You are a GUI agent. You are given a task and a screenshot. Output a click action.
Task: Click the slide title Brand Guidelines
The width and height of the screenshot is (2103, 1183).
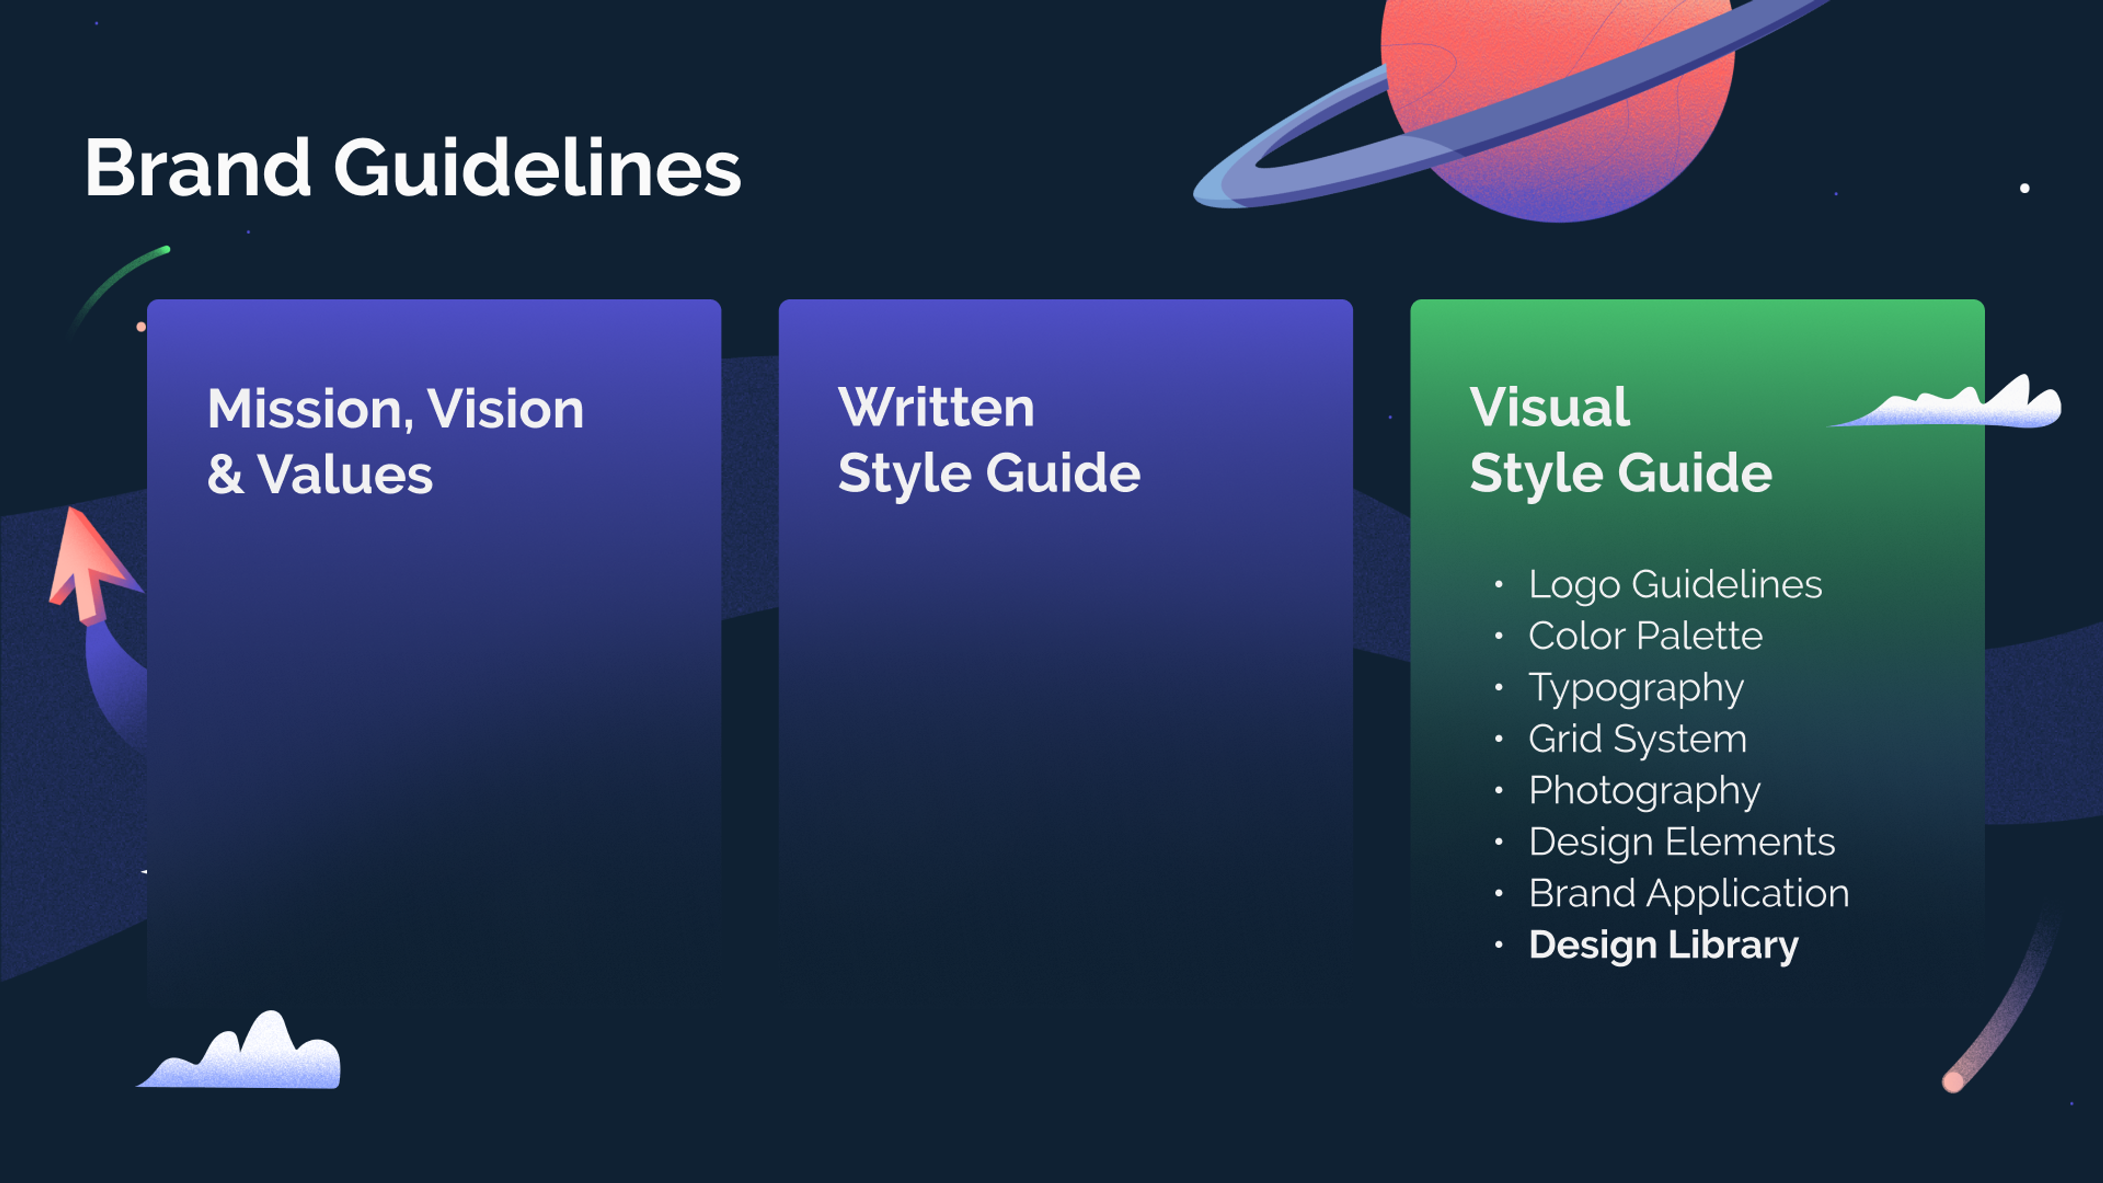pyautogui.click(x=412, y=168)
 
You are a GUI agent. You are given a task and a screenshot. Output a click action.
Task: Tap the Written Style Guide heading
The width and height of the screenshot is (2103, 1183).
pyautogui.click(x=989, y=441)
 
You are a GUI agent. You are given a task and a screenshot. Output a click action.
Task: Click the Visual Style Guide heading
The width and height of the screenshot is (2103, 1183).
pyautogui.click(x=1621, y=441)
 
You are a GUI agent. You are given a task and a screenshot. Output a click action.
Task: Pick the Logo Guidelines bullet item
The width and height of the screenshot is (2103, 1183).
pyautogui.click(x=1674, y=584)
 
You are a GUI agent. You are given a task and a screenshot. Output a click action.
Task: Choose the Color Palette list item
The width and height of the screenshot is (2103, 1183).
pyautogui.click(x=1645, y=636)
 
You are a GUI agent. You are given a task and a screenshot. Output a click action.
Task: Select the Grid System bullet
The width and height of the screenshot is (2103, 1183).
pyautogui.click(x=1637, y=739)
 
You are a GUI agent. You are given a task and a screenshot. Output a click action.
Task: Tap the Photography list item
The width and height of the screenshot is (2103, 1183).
pyautogui.click(x=1644, y=791)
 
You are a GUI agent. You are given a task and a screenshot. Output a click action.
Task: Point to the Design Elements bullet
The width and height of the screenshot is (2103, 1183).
pyautogui.click(x=1682, y=842)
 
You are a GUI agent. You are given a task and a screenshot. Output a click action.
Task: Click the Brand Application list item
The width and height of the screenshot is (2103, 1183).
pyautogui.click(x=1688, y=893)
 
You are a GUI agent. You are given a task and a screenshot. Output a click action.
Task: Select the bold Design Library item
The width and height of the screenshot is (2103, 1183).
pyautogui.click(x=1663, y=945)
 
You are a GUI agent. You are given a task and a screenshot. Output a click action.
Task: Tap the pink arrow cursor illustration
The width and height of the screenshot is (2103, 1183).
pyautogui.click(x=88, y=564)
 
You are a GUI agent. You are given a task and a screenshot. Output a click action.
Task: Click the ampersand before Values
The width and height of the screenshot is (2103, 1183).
pyautogui.click(x=225, y=474)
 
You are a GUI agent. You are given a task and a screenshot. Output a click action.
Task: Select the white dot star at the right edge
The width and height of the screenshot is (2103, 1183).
pyautogui.click(x=2025, y=188)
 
